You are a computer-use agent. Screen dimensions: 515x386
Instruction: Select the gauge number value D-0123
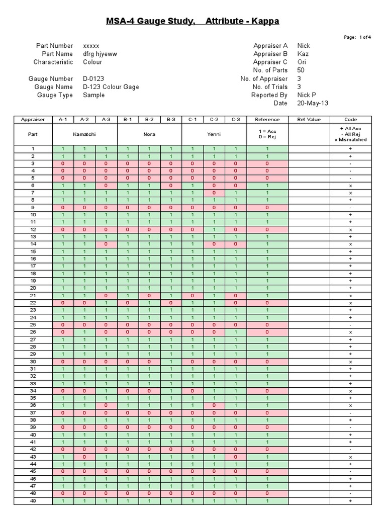coord(94,79)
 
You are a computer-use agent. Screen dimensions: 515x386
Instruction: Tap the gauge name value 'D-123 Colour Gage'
coord(111,87)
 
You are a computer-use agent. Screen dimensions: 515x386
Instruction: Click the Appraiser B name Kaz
coord(303,54)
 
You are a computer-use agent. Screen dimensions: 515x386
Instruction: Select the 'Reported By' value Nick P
coord(307,95)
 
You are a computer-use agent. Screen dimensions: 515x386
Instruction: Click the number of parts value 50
coord(301,70)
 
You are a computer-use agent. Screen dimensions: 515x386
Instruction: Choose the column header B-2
coord(149,120)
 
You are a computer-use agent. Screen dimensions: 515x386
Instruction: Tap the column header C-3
coord(236,120)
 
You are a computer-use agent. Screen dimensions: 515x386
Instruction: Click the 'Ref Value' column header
coord(309,120)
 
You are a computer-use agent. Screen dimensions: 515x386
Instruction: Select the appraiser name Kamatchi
coord(84,134)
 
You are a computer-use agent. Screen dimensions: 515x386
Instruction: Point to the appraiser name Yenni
coord(214,134)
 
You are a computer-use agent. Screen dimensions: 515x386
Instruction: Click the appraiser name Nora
coord(149,134)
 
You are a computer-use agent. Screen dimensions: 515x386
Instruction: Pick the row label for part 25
coord(33,325)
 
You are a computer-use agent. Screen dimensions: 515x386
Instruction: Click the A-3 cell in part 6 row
coord(106,186)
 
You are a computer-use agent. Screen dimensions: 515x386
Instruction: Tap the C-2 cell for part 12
coord(214,229)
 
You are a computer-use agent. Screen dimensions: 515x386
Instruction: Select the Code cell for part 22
coord(350,303)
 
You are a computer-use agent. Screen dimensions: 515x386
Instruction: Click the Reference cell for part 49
coord(267,501)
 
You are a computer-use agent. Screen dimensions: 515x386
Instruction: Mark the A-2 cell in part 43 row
coord(84,457)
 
